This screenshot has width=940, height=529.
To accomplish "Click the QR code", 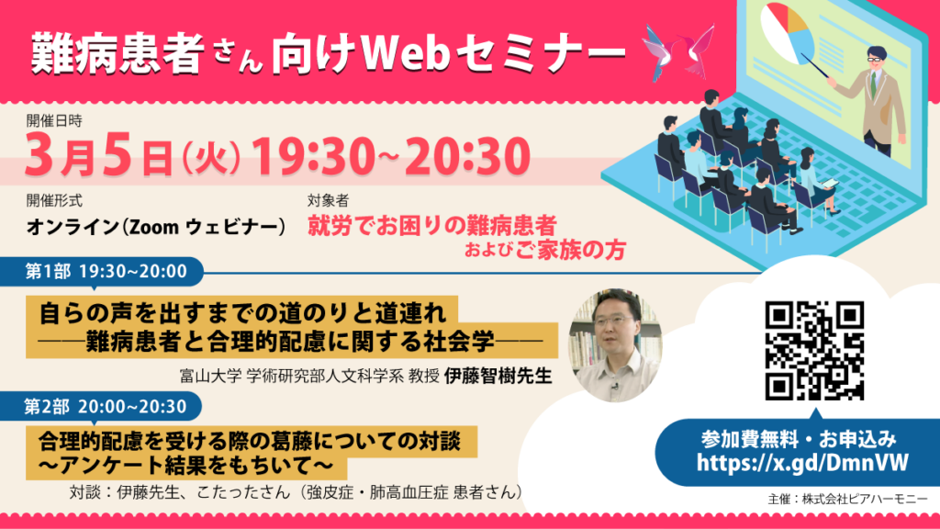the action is (x=814, y=350).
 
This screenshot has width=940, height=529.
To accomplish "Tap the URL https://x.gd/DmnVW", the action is (x=802, y=463).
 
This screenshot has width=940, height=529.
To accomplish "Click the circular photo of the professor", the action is (x=616, y=345).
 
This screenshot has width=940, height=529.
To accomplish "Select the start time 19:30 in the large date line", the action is (x=313, y=155).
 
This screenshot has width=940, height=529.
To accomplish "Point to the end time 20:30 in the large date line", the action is (x=467, y=155).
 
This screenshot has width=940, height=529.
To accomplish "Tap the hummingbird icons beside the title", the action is (x=678, y=52).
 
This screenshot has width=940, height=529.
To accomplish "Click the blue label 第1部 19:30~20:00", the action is (x=106, y=271).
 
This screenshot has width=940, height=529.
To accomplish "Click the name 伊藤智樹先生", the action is (x=498, y=376).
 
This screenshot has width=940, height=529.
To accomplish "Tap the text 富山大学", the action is (x=210, y=376).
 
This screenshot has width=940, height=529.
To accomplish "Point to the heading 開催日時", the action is (x=54, y=120).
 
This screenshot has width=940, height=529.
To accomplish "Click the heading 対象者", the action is (x=328, y=200).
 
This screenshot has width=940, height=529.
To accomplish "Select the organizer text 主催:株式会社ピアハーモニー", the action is (x=847, y=499).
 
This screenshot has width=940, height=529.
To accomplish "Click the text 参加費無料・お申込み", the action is (x=799, y=439).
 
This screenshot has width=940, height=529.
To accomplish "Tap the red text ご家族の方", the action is (x=570, y=250).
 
